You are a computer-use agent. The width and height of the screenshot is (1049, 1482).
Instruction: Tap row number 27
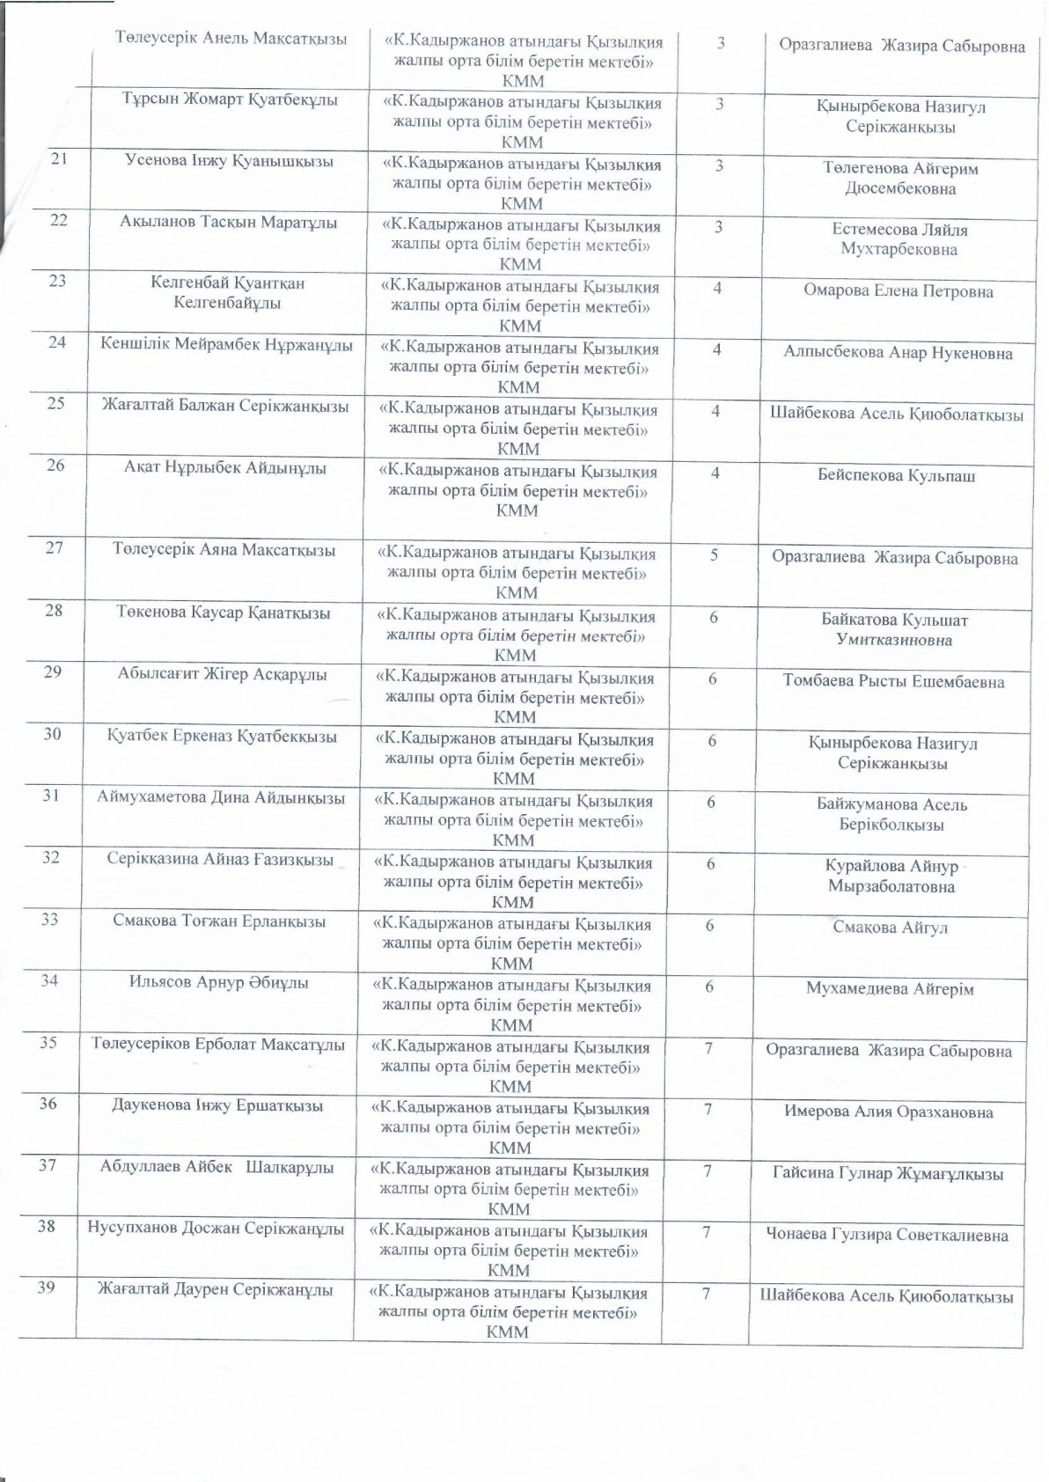(55, 548)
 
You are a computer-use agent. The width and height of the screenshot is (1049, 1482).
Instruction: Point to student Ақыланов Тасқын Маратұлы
(229, 223)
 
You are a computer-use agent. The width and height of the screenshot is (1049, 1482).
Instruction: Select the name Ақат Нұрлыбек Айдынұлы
(225, 468)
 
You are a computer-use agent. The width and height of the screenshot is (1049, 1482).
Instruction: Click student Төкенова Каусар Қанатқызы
(223, 613)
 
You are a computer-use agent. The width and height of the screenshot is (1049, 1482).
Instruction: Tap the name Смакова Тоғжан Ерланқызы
(220, 921)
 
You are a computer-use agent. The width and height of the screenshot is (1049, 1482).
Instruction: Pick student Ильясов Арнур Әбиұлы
(219, 983)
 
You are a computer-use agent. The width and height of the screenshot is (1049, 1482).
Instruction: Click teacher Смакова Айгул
(890, 928)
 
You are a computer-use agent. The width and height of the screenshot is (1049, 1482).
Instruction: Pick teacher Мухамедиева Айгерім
(890, 989)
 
